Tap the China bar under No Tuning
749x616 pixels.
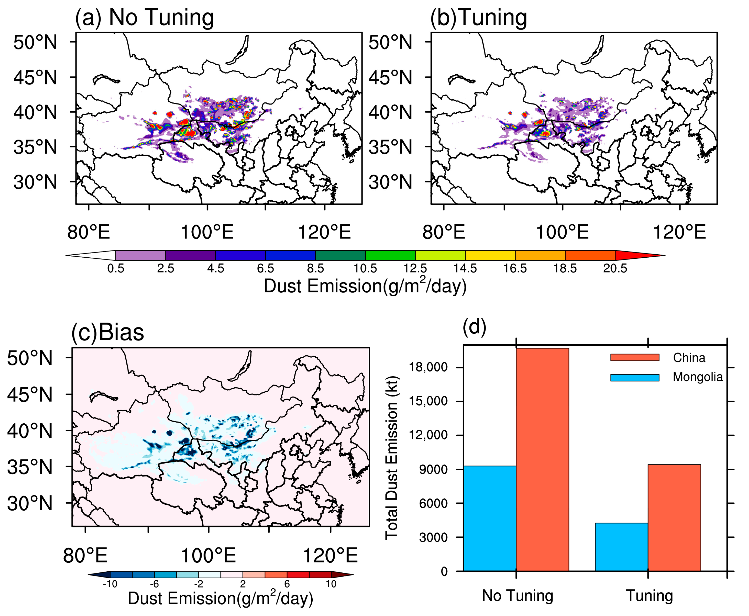(542, 459)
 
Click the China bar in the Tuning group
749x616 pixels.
(674, 518)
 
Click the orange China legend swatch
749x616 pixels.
(634, 357)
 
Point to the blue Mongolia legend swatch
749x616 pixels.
(634, 378)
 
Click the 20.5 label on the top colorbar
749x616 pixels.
(615, 269)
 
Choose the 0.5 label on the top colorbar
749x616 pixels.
(116, 269)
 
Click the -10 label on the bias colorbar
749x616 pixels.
(110, 584)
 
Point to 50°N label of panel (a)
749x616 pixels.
(35, 42)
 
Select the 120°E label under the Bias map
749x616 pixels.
(330, 556)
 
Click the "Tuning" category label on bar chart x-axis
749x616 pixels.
(649, 596)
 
